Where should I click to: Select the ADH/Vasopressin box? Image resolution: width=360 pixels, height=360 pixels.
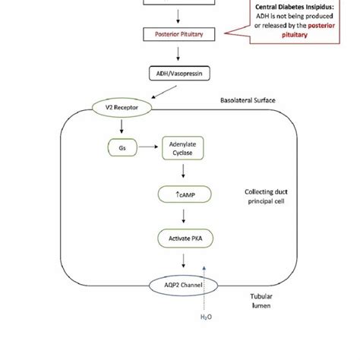tap(179, 74)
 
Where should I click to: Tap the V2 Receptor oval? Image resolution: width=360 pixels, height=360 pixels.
tap(122, 107)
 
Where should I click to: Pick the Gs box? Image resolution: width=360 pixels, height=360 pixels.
tap(123, 148)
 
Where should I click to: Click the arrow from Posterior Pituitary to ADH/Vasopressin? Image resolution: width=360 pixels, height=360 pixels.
tap(178, 53)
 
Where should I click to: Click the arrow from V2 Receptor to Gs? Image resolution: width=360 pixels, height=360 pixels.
tap(122, 126)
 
